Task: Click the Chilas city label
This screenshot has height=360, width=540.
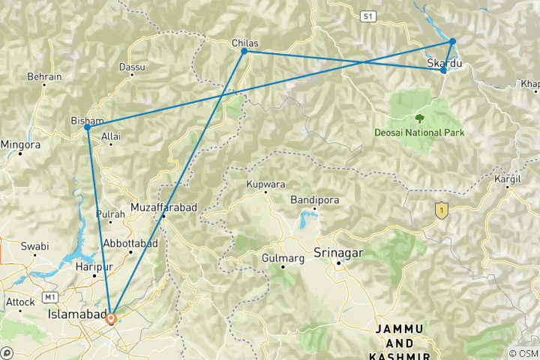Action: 245,43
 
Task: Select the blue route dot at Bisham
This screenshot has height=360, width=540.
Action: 88,127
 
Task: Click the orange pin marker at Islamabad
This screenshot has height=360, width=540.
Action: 111,318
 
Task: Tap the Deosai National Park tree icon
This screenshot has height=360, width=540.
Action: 419,118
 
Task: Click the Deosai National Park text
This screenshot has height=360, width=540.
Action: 420,133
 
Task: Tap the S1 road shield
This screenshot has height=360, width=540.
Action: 367,14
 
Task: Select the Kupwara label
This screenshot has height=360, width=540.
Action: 265,184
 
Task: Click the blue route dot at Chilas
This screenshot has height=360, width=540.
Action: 244,51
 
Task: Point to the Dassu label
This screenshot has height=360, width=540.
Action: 132,67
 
